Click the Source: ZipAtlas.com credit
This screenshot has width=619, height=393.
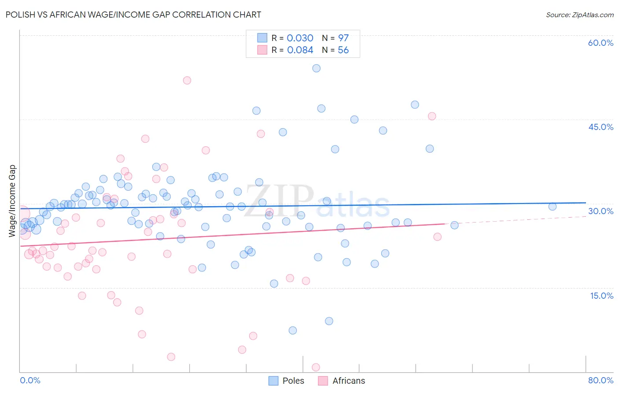click(x=579, y=15)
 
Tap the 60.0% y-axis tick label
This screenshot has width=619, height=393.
click(x=601, y=43)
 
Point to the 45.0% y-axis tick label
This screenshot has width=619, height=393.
click(x=601, y=127)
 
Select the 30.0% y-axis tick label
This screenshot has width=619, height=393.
click(x=601, y=211)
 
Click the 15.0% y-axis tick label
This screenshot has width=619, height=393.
click(x=601, y=296)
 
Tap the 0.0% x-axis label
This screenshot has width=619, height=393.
click(x=30, y=380)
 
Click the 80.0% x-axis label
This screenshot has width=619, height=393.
click(x=601, y=380)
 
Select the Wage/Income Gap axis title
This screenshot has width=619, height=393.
click(x=12, y=200)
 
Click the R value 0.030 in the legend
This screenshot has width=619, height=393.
click(x=300, y=38)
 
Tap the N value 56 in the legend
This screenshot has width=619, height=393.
click(x=343, y=50)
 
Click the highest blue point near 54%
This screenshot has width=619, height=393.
click(x=316, y=68)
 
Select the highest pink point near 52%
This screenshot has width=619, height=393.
click(x=187, y=80)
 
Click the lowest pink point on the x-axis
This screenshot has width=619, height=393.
click(x=316, y=367)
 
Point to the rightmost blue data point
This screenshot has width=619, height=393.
click(x=553, y=207)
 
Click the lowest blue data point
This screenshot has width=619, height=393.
click(x=293, y=330)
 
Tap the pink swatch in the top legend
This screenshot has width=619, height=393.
click(x=262, y=50)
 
